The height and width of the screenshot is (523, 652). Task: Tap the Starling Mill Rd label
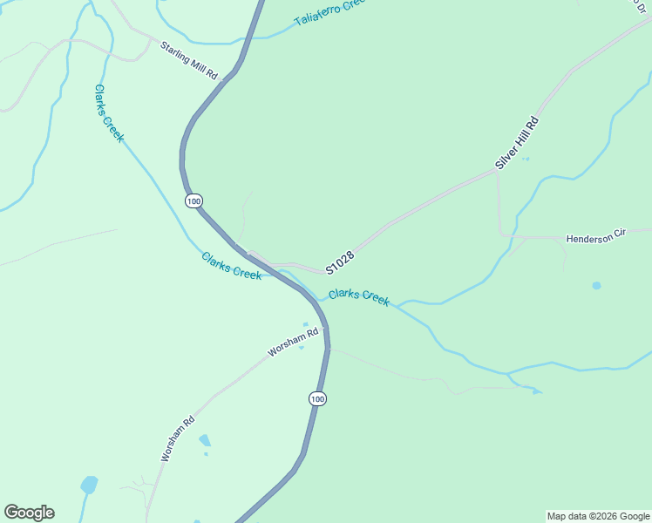[188, 60]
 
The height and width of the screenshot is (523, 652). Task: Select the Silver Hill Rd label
[518, 141]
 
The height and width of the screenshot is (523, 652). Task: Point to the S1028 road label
[340, 261]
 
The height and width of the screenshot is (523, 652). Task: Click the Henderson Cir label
[596, 238]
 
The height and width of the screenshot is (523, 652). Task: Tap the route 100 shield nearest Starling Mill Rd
[194, 200]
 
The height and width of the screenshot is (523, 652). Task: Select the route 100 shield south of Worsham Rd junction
[316, 398]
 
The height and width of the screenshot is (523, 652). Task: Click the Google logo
[29, 513]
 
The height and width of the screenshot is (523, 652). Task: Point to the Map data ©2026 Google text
[598, 516]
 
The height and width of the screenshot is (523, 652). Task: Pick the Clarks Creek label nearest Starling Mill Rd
[110, 113]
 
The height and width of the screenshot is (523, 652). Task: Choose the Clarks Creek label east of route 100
[359, 296]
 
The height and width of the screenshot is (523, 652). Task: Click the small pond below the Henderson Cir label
[596, 285]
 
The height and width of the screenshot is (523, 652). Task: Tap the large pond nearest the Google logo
[89, 485]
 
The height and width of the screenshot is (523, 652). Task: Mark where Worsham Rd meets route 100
[325, 329]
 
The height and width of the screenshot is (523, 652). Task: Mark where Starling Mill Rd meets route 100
[225, 79]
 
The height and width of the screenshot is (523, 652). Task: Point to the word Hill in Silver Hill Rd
[520, 139]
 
